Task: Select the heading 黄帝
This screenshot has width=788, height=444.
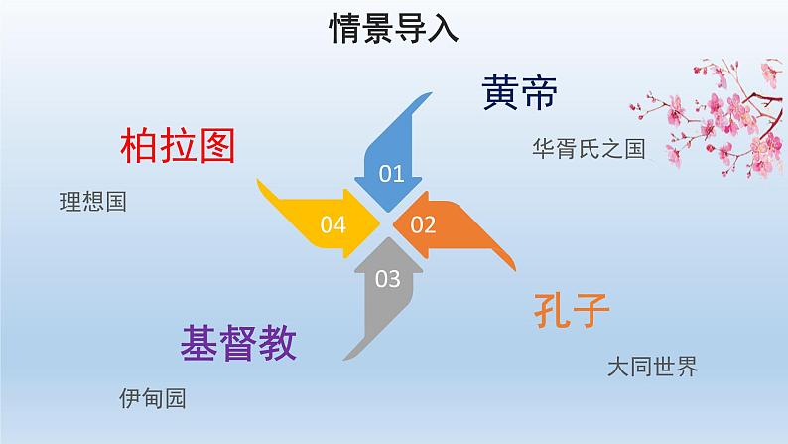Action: click(x=520, y=93)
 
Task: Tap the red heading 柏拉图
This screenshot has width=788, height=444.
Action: click(x=178, y=147)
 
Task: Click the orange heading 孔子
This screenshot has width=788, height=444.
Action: click(x=570, y=312)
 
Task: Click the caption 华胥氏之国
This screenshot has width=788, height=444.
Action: click(x=589, y=149)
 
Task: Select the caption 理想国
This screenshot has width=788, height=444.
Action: click(x=93, y=202)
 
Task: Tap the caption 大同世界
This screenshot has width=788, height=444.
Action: click(x=652, y=368)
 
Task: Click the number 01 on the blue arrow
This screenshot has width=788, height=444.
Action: click(x=392, y=175)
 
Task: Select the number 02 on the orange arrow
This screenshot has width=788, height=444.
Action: click(x=423, y=224)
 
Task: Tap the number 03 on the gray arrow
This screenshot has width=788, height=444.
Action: click(x=388, y=279)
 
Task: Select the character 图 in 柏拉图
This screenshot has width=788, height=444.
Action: click(x=215, y=147)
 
